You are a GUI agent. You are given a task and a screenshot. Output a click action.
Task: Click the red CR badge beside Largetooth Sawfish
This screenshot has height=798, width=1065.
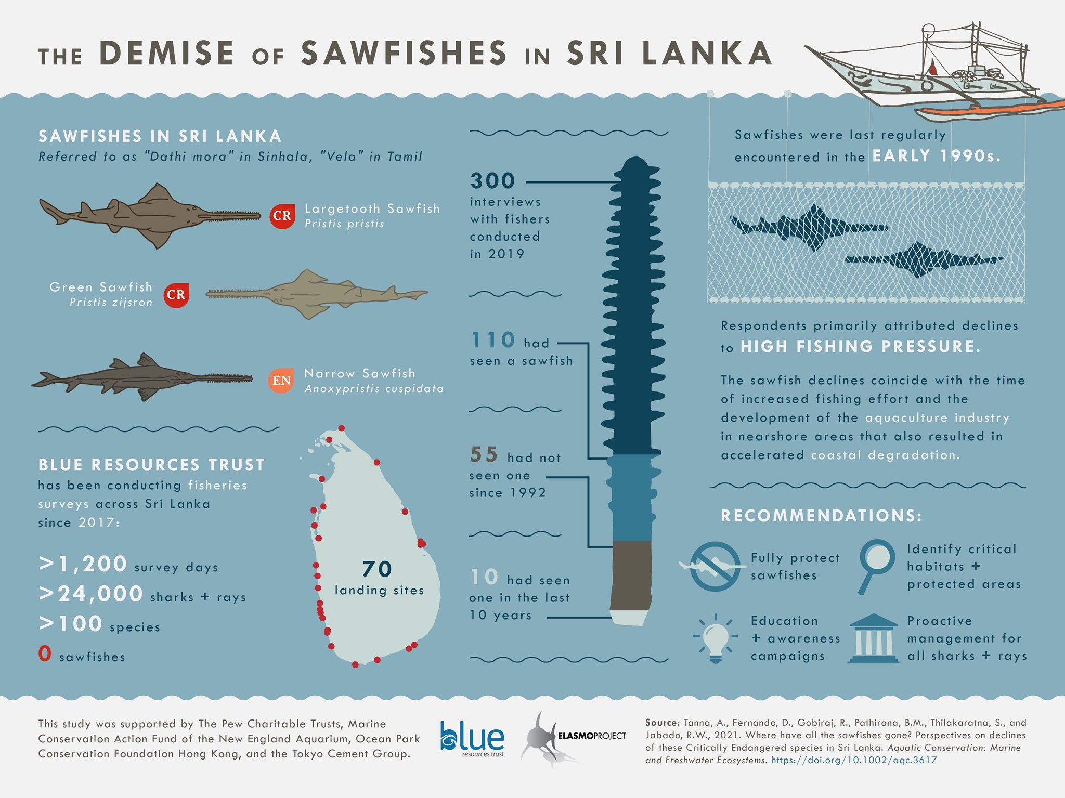coord(282,216)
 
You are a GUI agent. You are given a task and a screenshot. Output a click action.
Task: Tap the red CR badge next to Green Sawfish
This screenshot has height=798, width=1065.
coord(176,295)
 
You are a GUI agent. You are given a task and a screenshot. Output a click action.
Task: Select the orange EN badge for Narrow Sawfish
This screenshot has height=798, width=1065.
coord(281,381)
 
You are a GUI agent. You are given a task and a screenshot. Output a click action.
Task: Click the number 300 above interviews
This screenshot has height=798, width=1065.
coord(492,181)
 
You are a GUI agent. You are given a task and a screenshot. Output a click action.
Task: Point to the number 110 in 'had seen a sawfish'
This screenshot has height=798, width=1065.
coord(492,341)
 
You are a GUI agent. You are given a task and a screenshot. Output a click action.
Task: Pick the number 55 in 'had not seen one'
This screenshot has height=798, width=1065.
coord(484,455)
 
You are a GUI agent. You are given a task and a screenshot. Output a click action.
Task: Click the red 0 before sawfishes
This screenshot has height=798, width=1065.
coord(45,653)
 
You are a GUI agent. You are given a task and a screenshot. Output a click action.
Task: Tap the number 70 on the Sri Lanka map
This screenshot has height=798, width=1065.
coord(377,569)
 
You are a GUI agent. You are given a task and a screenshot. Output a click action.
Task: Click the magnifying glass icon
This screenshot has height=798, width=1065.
coord(876,564)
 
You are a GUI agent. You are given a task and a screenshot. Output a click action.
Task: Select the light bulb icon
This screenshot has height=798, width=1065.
coord(716,637)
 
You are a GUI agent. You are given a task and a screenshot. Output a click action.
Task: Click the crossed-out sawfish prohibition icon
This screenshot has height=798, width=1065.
coord(716,566)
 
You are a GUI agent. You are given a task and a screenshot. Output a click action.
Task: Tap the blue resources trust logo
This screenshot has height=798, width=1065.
coord(472,738)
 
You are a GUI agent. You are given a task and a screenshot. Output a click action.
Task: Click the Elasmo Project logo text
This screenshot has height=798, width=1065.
coord(591,736)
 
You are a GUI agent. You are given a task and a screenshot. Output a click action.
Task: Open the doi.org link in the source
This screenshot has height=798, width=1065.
coord(853,760)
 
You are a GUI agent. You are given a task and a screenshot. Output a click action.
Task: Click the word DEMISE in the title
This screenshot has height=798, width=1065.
coord(166,53)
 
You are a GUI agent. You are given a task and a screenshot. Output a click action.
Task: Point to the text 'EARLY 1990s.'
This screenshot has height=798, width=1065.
coord(936,156)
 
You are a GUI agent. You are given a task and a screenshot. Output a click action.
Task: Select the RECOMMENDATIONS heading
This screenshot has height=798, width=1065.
coord(821,516)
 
